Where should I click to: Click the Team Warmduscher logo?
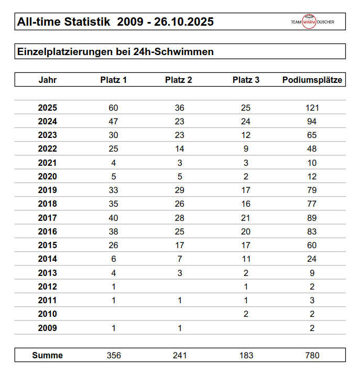click(312, 22)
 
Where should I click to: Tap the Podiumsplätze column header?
click(312, 80)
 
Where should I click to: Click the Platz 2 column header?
click(179, 80)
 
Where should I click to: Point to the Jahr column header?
click(48, 80)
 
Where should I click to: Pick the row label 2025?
click(48, 108)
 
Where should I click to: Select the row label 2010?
click(48, 314)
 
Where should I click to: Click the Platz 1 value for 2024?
click(114, 122)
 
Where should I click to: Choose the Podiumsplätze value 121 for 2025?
click(312, 108)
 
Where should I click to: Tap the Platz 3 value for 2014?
click(246, 259)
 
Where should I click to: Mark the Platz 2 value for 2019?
click(180, 190)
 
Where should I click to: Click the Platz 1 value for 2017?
click(114, 218)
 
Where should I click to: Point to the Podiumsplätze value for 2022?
click(312, 149)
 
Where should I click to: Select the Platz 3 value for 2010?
click(246, 314)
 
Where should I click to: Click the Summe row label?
click(48, 355)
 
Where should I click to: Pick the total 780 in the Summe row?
click(312, 355)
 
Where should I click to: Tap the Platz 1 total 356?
click(114, 355)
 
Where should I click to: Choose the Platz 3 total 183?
click(246, 355)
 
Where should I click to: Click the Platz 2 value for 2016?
click(180, 231)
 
